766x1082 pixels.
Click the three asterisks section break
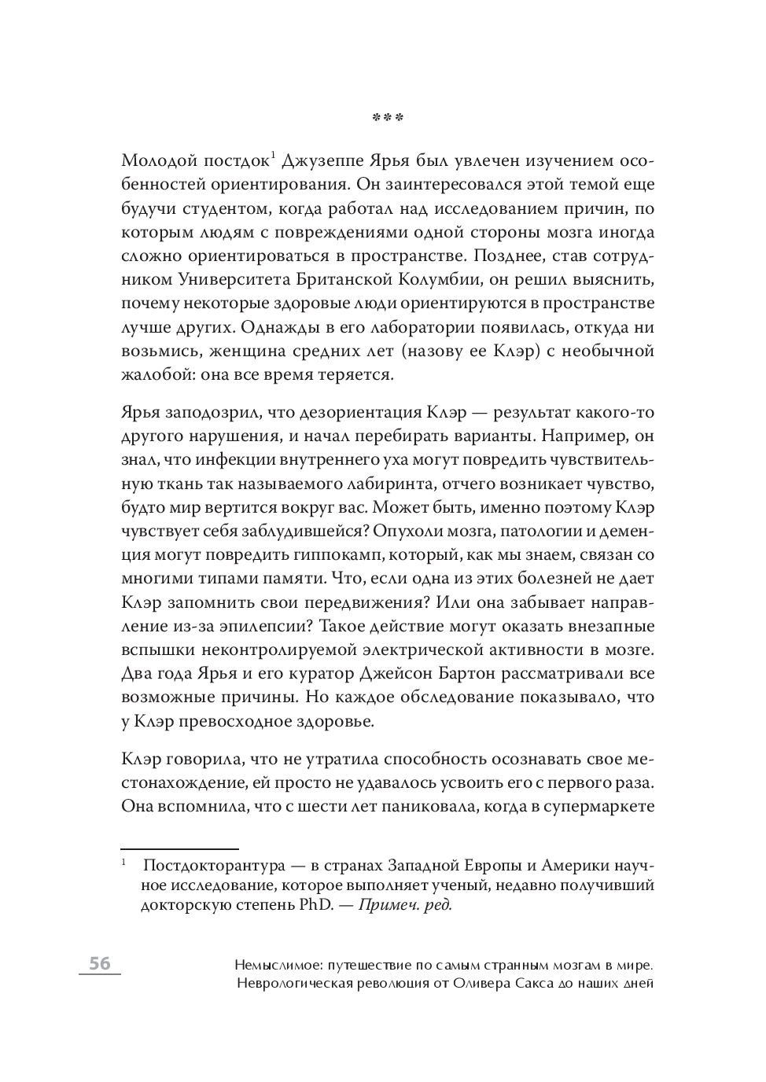(x=387, y=118)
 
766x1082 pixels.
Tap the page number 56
(x=100, y=963)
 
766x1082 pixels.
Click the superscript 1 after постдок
(x=272, y=156)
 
